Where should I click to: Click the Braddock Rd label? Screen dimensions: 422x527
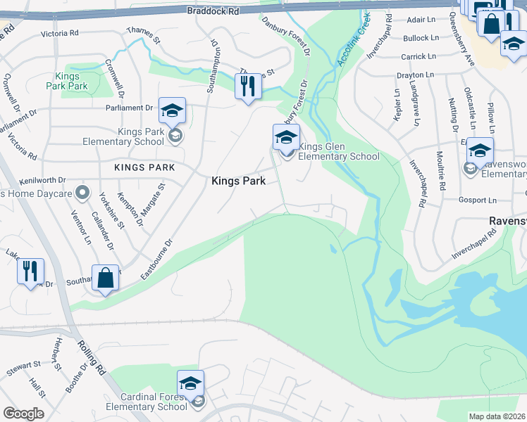pyautogui.click(x=213, y=11)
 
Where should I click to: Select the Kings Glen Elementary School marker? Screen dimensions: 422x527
pyautogui.click(x=286, y=138)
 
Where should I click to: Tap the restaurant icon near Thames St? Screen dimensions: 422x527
pyautogui.click(x=247, y=87)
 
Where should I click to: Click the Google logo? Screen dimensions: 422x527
pyautogui.click(x=23, y=414)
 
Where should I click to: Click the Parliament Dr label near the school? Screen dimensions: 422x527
pyautogui.click(x=130, y=108)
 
